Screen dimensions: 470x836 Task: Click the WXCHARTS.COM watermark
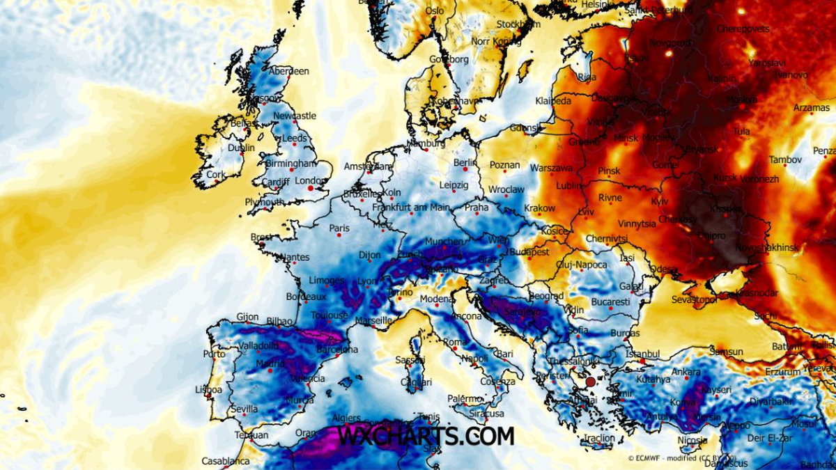[426, 436]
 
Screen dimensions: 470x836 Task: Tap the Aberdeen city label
[289, 71]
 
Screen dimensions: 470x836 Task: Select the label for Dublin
[241, 148]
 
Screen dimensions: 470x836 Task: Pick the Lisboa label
[209, 389]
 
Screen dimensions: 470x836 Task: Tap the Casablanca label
[226, 461]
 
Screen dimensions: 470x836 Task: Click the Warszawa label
[551, 169]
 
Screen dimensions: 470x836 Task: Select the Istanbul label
[642, 354]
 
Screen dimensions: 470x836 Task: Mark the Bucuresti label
[610, 302]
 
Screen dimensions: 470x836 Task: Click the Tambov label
[786, 160]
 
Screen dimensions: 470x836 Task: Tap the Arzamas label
[812, 108]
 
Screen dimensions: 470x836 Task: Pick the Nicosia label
[692, 441]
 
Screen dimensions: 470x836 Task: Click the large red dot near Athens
[591, 382]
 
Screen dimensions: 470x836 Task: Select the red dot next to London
[310, 188]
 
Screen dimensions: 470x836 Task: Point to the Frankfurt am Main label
[411, 207]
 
